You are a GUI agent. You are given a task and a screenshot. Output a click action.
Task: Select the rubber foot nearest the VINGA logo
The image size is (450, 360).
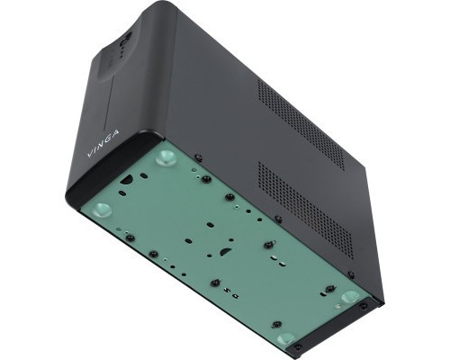[x=164, y=158]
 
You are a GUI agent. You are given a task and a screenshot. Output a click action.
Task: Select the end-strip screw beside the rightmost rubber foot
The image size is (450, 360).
[x=364, y=306]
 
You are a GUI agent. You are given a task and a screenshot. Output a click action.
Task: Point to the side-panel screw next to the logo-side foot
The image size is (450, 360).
[x=198, y=158]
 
